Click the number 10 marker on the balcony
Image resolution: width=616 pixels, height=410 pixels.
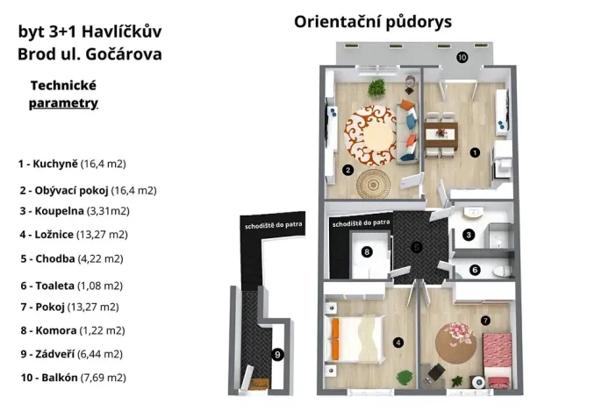pyautogui.click(x=462, y=58)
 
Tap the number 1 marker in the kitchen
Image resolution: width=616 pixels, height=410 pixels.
pyautogui.click(x=475, y=152)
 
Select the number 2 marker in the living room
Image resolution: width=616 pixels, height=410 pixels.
pyautogui.click(x=348, y=170)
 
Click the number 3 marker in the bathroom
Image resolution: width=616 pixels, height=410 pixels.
pyautogui.click(x=469, y=235)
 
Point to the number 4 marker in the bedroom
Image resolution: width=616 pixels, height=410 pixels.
pyautogui.click(x=398, y=343)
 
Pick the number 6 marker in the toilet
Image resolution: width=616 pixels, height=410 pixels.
pyautogui.click(x=475, y=271)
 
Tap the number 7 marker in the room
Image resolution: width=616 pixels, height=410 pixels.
pyautogui.click(x=485, y=320)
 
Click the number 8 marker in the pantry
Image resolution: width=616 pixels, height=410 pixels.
pyautogui.click(x=367, y=252)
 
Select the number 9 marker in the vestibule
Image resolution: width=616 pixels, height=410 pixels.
pyautogui.click(x=277, y=355)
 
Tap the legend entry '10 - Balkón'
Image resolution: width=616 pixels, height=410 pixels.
pyautogui.click(x=73, y=378)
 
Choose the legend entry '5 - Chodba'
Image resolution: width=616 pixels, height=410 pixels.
pyautogui.click(x=70, y=258)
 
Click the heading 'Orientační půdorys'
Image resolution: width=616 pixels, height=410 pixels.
pyautogui.click(x=373, y=21)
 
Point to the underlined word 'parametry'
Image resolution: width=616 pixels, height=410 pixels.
pyautogui.click(x=63, y=102)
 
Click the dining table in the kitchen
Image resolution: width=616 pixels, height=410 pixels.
pyautogui.click(x=440, y=134)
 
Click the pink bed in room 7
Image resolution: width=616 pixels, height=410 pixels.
pyautogui.click(x=498, y=357)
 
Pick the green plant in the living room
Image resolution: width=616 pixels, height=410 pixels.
pyautogui.click(x=377, y=88)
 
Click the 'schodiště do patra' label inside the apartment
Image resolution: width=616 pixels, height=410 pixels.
pyautogui.click(x=360, y=223)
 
